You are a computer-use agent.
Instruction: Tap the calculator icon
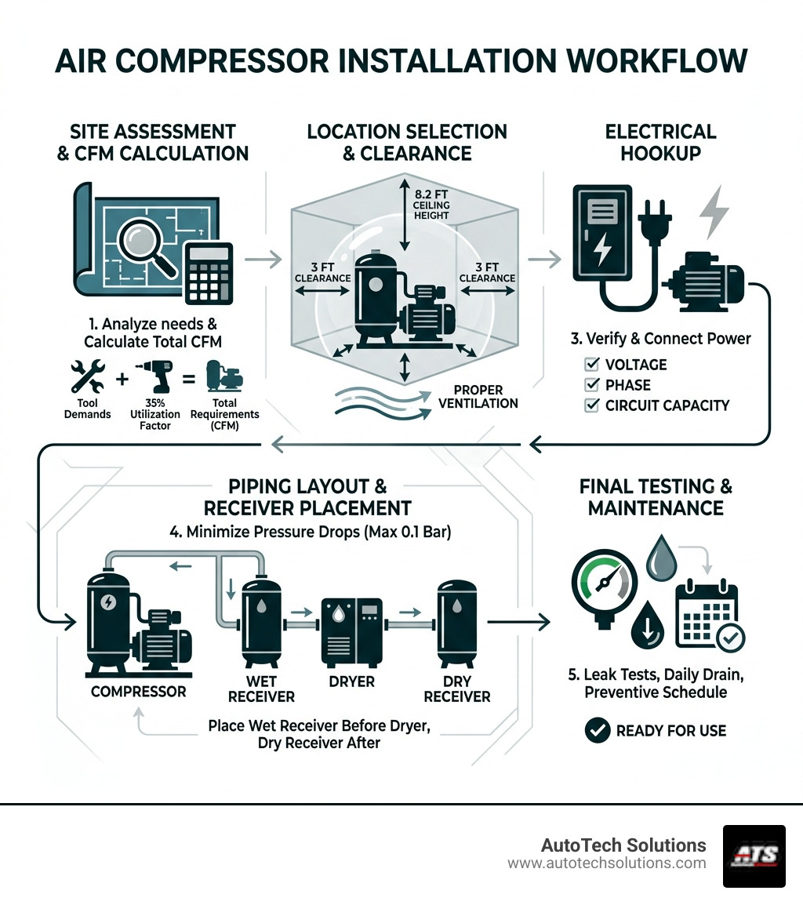209,277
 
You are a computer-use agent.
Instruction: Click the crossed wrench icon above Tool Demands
86,376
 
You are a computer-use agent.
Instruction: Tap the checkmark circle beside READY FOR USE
598,731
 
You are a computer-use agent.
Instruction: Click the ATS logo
754,856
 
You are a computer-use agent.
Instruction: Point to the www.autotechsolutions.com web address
606,863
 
